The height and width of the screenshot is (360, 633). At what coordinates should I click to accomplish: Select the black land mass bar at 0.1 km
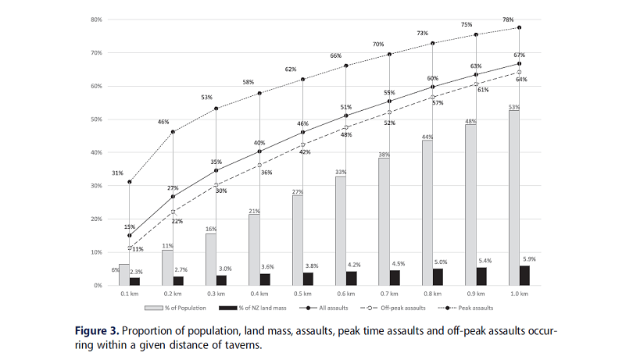tap(135, 281)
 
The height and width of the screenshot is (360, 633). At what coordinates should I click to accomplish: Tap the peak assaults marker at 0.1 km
tap(130, 182)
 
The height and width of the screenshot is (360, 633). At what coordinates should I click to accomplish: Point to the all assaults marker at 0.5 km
tap(302, 132)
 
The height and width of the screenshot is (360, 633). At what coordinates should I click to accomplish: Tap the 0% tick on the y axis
tap(97, 286)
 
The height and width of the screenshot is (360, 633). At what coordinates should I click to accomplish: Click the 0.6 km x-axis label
tap(346, 295)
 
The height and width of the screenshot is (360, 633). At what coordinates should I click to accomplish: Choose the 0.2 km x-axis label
tap(173, 295)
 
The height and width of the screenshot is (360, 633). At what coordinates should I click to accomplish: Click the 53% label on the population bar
tap(513, 106)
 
